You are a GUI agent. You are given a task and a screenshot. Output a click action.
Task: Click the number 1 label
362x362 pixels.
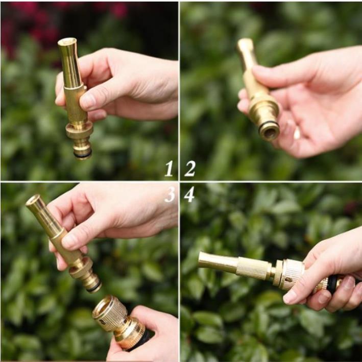(x=169, y=168)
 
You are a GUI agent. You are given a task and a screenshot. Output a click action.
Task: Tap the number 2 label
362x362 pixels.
(x=189, y=168)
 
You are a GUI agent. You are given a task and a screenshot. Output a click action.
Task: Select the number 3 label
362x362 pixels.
(x=170, y=194)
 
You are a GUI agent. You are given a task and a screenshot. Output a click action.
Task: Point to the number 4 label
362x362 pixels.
(x=189, y=194)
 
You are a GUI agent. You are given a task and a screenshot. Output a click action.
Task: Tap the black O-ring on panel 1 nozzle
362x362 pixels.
(x=82, y=152)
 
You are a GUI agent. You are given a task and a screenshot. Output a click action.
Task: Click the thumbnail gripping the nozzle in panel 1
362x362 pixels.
(x=88, y=100)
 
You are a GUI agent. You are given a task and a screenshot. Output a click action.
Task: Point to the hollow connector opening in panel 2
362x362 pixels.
(x=270, y=130)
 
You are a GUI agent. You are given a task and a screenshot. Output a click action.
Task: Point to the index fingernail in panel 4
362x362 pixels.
(x=291, y=296)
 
